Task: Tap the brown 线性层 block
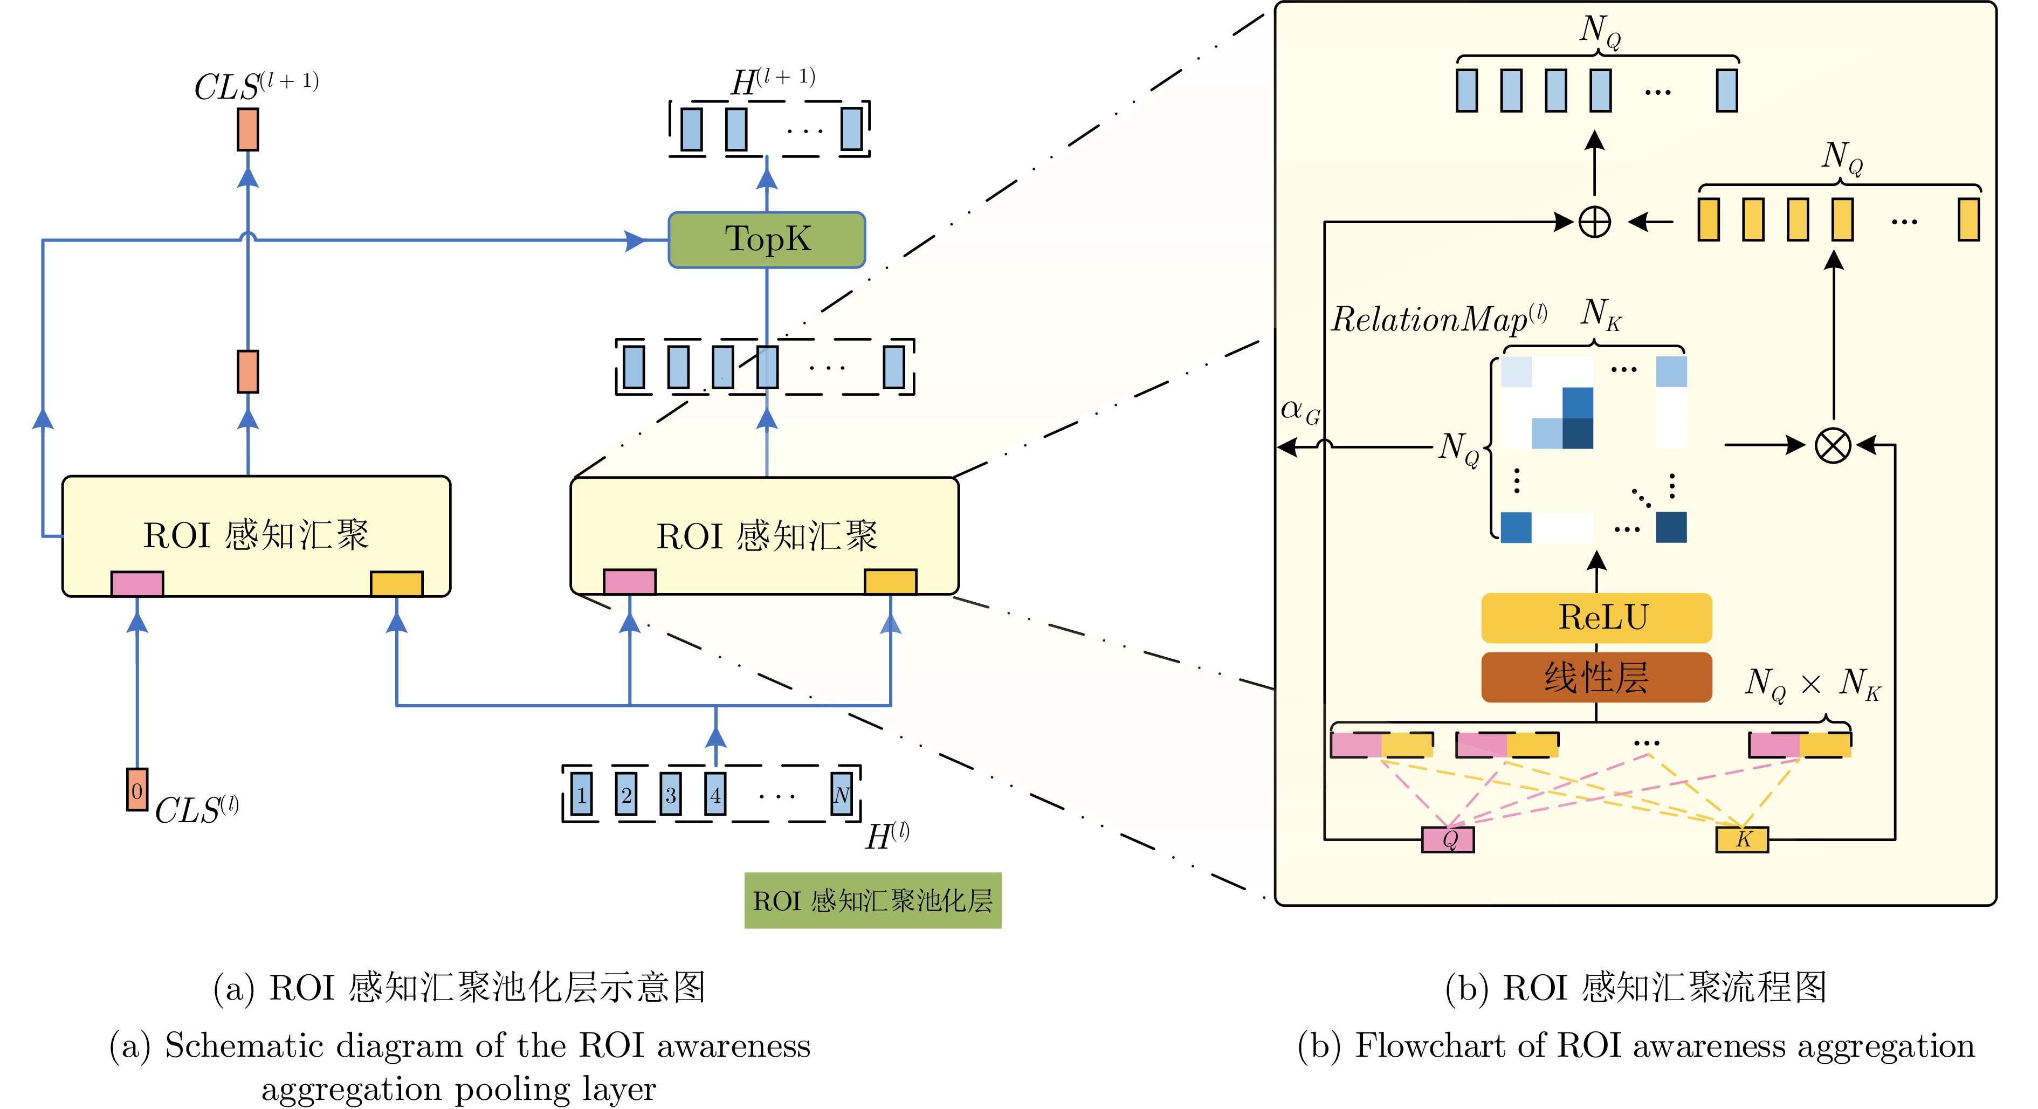pos(1596,677)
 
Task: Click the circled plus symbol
pos(1594,222)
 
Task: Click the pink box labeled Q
pos(1448,838)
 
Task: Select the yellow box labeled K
pos(1742,838)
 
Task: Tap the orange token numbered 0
pos(137,789)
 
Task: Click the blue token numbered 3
pos(671,794)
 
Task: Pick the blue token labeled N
pos(842,794)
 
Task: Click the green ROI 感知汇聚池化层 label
pos(873,900)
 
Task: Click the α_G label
pos(1300,410)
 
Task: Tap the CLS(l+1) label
pos(256,85)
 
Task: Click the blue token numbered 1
pos(582,794)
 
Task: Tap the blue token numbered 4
pos(715,794)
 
